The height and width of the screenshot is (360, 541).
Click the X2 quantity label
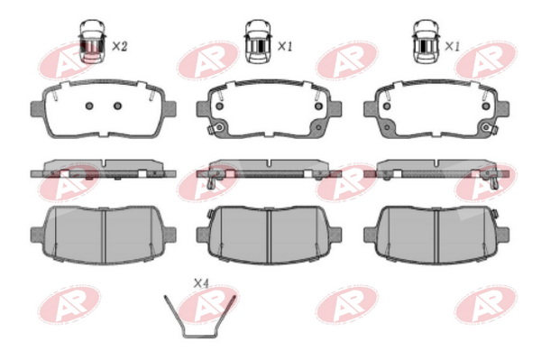click(120, 46)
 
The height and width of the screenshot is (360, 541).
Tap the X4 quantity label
click(201, 283)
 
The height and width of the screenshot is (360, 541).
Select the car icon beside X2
click(92, 42)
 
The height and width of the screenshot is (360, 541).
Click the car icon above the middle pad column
click(258, 42)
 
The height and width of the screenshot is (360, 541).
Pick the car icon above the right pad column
click(426, 42)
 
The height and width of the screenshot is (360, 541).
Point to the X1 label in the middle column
click(285, 46)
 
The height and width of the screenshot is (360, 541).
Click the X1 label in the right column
click(453, 46)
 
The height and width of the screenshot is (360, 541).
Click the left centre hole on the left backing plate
click(89, 106)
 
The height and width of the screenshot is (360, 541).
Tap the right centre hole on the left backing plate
click(117, 106)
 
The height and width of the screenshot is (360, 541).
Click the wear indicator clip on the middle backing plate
click(215, 129)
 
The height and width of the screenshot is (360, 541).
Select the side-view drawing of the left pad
click(103, 169)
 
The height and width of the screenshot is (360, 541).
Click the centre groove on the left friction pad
click(104, 235)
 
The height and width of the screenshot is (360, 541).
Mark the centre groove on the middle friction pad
click(269, 235)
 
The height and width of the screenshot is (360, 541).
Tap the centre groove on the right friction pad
click(436, 235)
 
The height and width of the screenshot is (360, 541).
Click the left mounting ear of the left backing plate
click(37, 109)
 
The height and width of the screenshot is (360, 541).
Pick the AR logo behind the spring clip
click(208, 304)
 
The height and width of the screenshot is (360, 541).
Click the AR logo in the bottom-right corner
click(486, 304)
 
